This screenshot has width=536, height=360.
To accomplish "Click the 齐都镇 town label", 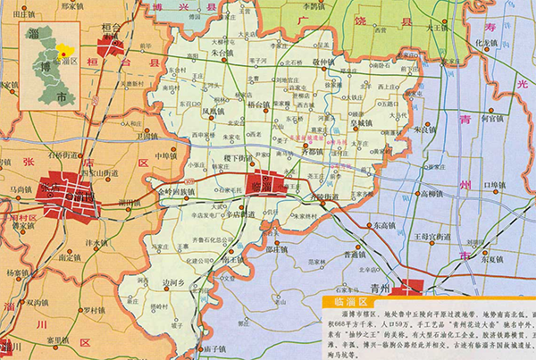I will pos(312,152).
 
